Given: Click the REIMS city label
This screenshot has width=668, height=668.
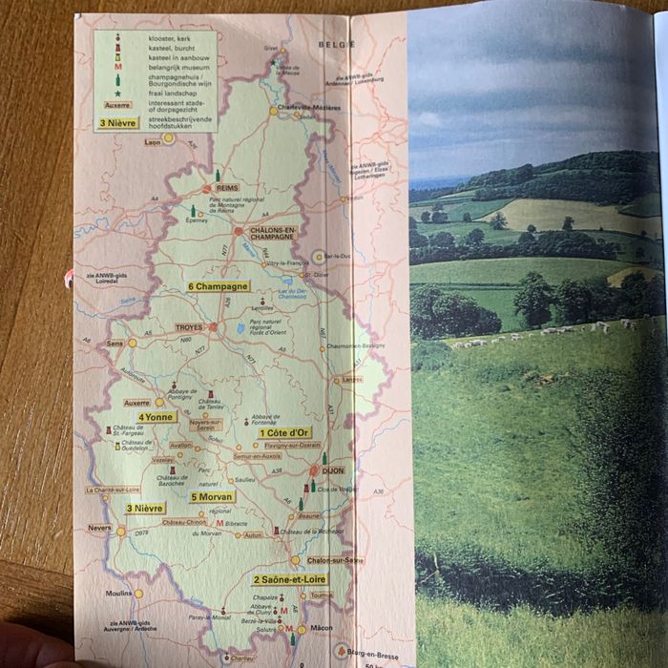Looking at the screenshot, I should pos(228,188).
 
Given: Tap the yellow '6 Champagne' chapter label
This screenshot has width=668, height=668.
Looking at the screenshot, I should pos(219,285).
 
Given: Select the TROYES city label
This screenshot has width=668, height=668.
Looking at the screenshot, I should pos(189,327).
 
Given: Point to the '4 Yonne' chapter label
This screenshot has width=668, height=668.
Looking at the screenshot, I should pos(156,417).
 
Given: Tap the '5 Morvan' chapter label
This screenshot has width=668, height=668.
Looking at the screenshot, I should pos(213,496).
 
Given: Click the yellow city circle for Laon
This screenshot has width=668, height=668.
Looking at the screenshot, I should pos(168,137).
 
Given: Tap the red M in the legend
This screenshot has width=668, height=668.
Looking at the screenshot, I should pos(117,68).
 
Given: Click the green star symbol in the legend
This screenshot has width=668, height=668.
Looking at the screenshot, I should pos(117,93).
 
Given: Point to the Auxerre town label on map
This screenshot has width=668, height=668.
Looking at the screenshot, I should pos(136,402).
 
